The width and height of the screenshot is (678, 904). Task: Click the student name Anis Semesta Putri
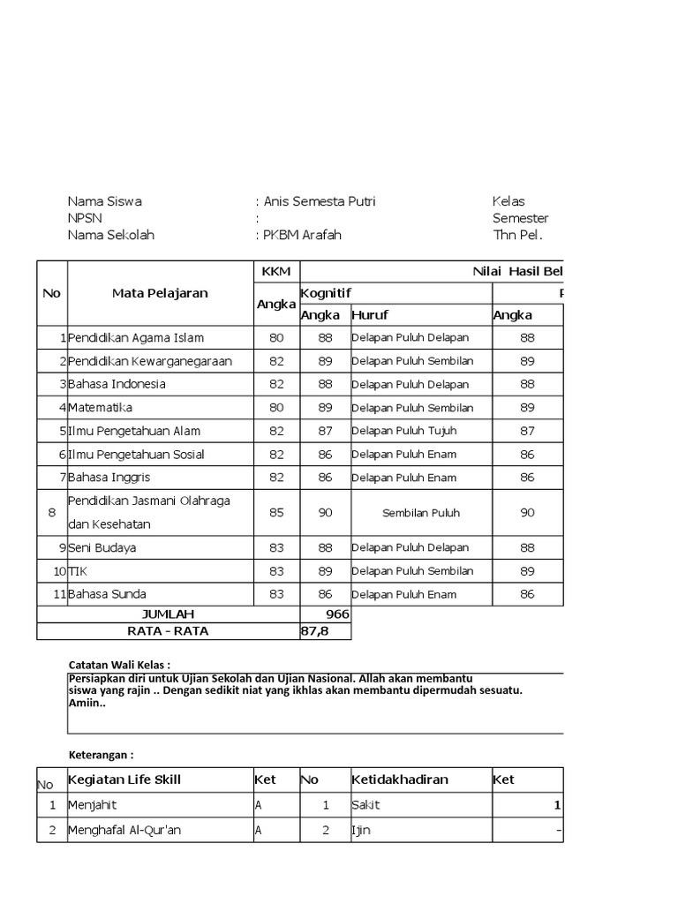click(319, 201)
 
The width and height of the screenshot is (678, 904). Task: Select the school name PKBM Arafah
click(302, 235)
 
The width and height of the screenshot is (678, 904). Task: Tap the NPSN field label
click(86, 218)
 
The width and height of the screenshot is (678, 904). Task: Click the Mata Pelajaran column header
click(160, 293)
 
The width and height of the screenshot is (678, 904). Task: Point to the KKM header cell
click(276, 271)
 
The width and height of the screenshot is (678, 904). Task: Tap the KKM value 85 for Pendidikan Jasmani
click(276, 512)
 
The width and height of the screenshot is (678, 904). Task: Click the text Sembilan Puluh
click(421, 513)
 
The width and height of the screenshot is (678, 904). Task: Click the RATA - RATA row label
click(168, 631)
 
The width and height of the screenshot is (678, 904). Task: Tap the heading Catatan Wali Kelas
click(119, 664)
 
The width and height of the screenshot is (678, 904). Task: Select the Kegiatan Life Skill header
click(125, 780)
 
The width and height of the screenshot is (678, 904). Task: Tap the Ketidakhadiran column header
click(400, 780)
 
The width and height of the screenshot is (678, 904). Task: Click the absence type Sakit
click(365, 805)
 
